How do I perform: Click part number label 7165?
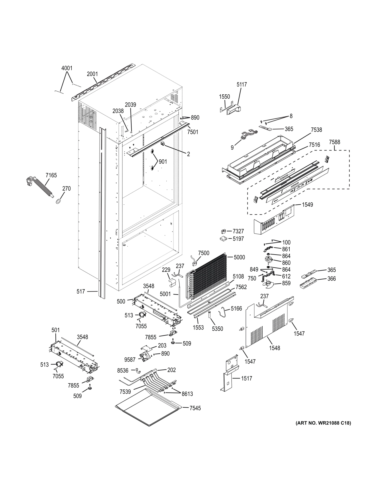[51, 175]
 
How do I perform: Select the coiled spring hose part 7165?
[44, 188]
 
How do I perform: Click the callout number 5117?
[242, 84]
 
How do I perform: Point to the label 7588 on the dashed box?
[334, 142]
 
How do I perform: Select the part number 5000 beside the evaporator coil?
[239, 257]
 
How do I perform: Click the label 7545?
[195, 408]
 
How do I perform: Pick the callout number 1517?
[247, 378]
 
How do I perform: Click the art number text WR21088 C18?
[323, 423]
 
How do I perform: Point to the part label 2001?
[92, 74]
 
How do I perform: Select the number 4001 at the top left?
[67, 68]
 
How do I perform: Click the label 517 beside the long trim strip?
[81, 291]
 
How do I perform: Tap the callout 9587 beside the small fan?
[130, 360]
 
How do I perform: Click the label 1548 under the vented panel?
[274, 348]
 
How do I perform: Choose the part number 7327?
[238, 231]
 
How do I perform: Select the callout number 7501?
[193, 132]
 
